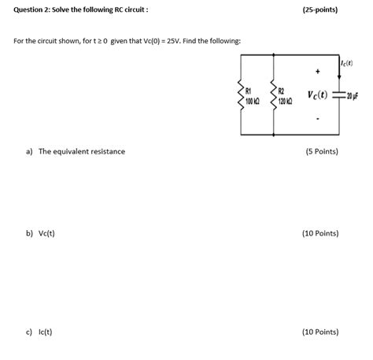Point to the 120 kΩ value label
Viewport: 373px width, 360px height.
286,101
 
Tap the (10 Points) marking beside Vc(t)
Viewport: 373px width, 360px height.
320,234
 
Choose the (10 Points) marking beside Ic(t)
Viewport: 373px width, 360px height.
320,332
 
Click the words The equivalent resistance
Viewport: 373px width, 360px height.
82,151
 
